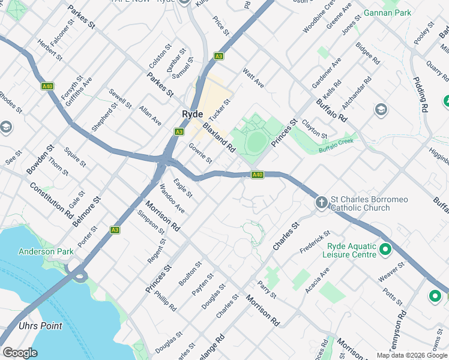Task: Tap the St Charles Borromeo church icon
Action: pos(321,203)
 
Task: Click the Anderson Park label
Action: pos(46,252)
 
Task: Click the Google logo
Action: pos(20,353)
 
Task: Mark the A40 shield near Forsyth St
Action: pos(47,86)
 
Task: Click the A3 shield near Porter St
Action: pos(115,230)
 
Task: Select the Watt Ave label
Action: pos(253,77)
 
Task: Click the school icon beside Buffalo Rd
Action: pos(381,110)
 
